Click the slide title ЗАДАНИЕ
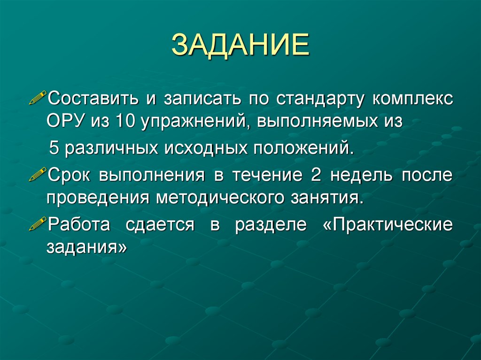coord(240,46)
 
